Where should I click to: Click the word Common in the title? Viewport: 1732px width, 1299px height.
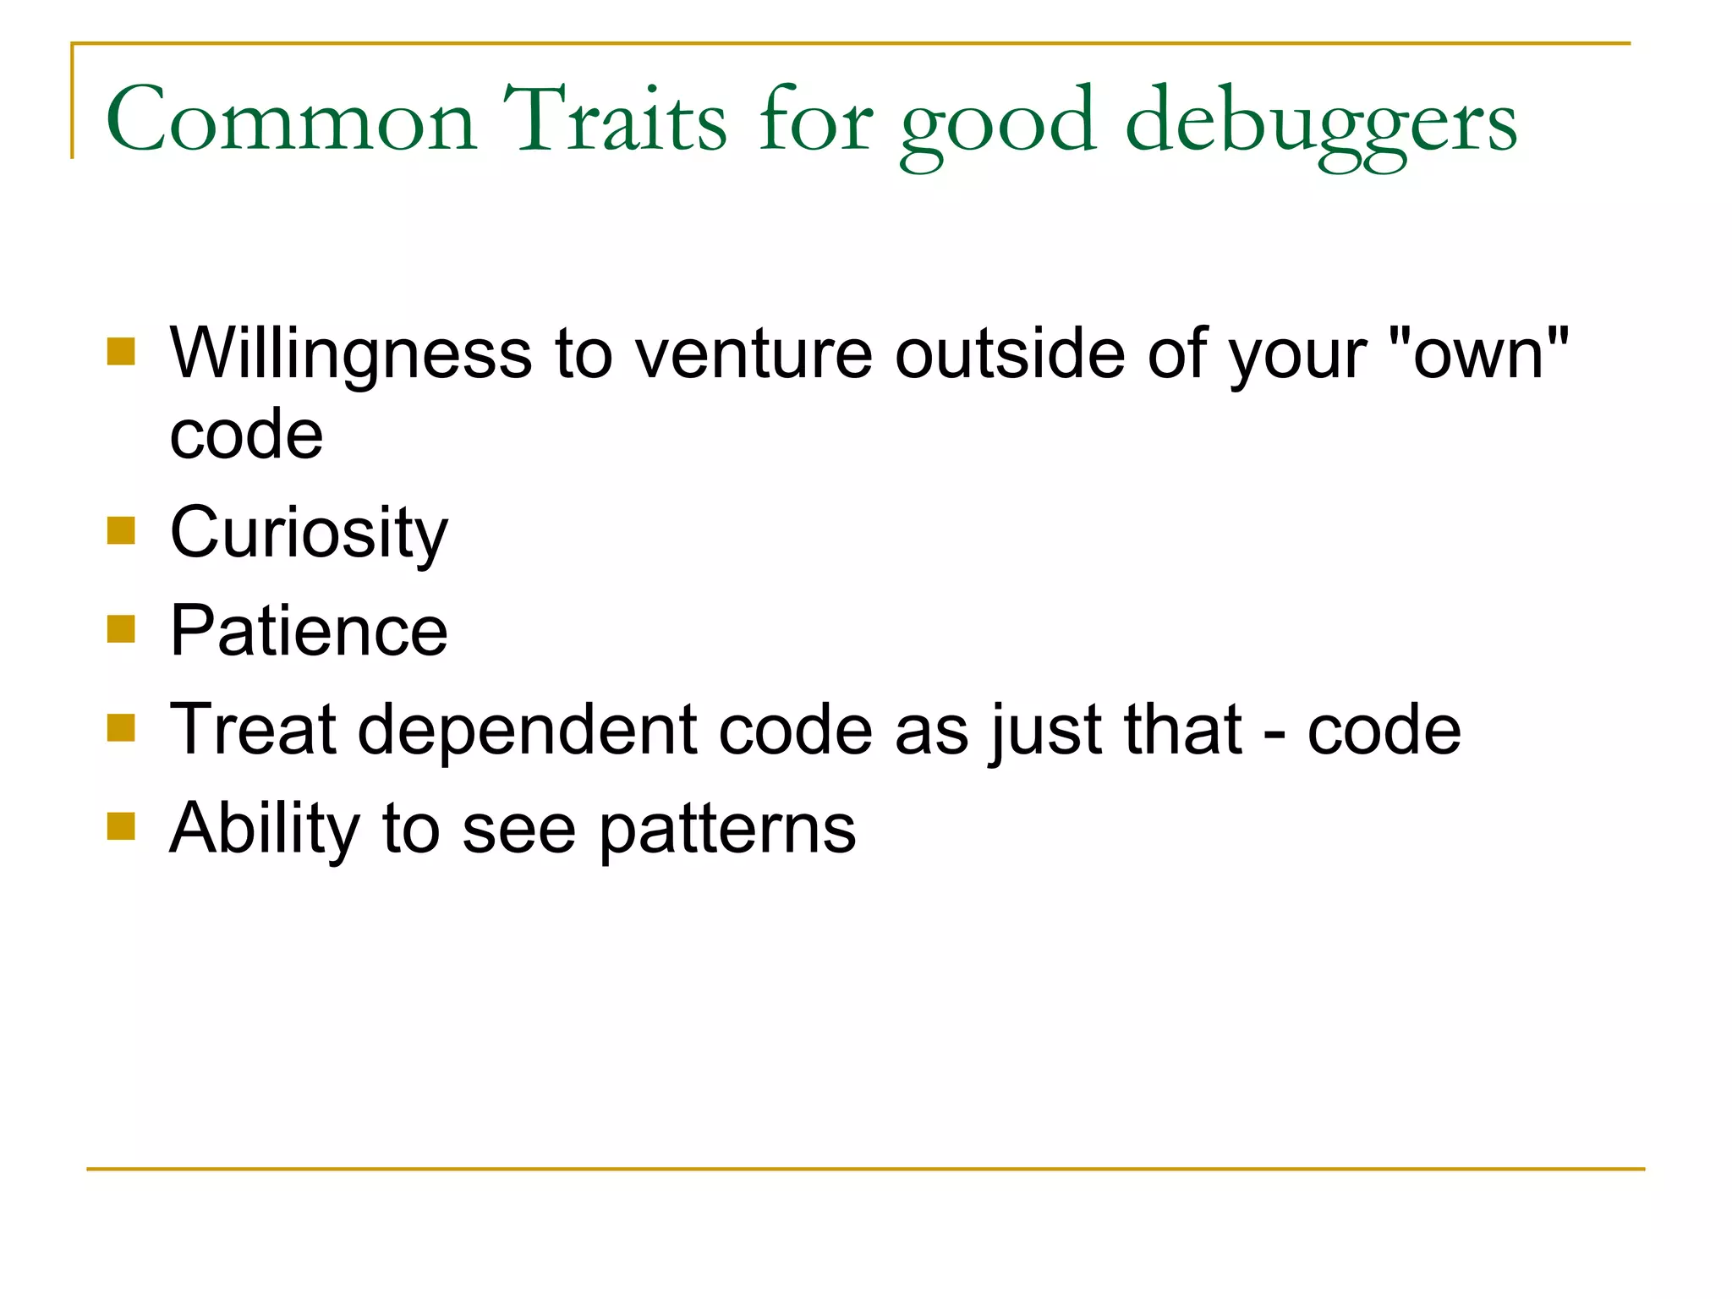click(291, 120)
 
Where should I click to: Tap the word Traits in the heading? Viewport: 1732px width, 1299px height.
click(615, 120)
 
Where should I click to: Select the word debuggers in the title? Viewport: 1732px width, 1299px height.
click(1322, 123)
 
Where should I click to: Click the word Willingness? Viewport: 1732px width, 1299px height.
click(351, 354)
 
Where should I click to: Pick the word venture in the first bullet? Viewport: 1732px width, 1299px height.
click(754, 354)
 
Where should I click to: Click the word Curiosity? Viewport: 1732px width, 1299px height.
click(309, 533)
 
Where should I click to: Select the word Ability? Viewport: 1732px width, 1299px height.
click(265, 829)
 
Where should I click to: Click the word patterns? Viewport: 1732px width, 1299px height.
click(727, 830)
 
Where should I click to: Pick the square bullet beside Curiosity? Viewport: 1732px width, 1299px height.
click(122, 531)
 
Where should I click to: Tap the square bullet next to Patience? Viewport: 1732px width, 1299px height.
click(122, 629)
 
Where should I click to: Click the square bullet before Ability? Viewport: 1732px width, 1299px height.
click(122, 826)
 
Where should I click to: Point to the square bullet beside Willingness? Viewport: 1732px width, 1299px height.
click(122, 351)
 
